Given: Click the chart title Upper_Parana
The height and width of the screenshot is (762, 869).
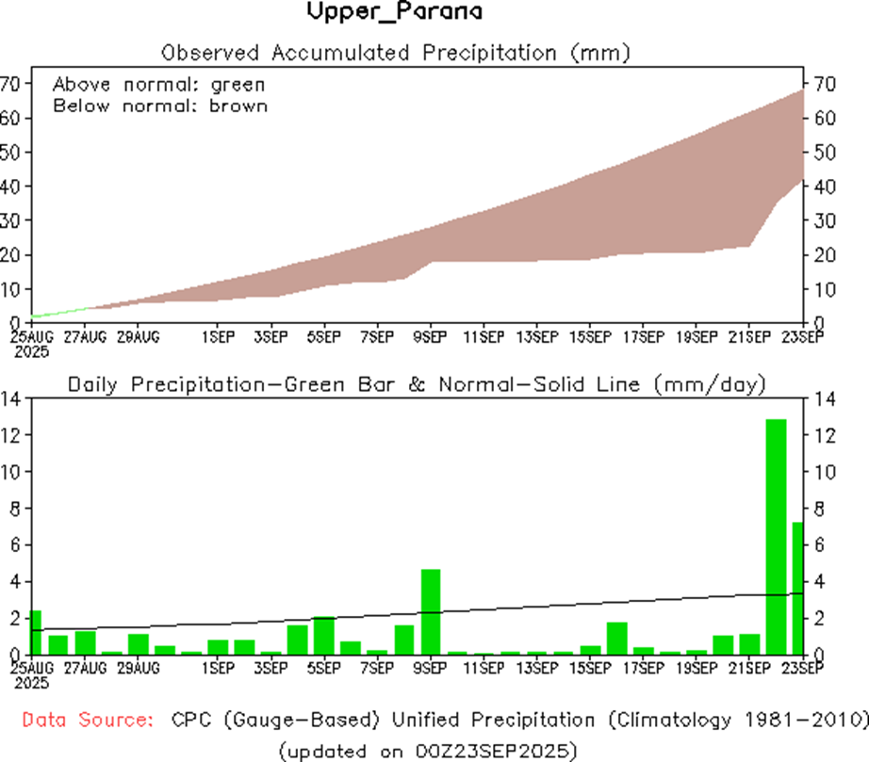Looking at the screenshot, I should point(395,12).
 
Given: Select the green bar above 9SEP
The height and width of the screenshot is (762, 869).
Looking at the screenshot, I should point(431,611).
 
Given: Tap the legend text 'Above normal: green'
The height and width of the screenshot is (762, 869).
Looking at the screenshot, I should point(159,84).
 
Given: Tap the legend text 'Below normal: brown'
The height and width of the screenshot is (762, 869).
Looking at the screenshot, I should point(160,105).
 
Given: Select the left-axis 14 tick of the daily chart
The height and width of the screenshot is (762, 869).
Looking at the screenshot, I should point(11,398).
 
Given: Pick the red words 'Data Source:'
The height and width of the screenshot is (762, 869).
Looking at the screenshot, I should point(88,721).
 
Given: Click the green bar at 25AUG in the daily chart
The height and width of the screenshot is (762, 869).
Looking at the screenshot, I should point(36,632).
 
